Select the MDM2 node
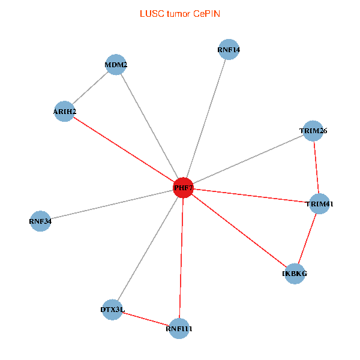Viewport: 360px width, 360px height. point(115,65)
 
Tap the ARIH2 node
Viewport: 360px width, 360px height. point(64,112)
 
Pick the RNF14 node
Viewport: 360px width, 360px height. point(229,50)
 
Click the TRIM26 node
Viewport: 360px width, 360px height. point(313,131)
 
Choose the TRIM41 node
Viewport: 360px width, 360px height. point(319,204)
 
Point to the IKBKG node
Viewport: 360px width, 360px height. point(295,274)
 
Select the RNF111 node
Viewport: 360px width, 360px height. point(179,328)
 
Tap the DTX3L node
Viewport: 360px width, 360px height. point(112,310)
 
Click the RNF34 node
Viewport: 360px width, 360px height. point(40,221)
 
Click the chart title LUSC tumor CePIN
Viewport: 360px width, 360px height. point(179,13)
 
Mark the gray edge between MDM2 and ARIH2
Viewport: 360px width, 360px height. point(90,88)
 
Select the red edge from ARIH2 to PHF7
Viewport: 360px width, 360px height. point(124,149)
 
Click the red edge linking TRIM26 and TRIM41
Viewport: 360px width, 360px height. point(316,167)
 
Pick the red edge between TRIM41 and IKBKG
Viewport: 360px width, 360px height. point(307,239)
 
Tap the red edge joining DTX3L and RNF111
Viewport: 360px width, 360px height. point(146,319)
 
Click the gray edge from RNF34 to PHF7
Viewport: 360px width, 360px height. point(111,205)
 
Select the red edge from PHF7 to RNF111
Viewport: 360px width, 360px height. point(181,258)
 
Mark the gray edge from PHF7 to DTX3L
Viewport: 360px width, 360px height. point(148,248)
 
